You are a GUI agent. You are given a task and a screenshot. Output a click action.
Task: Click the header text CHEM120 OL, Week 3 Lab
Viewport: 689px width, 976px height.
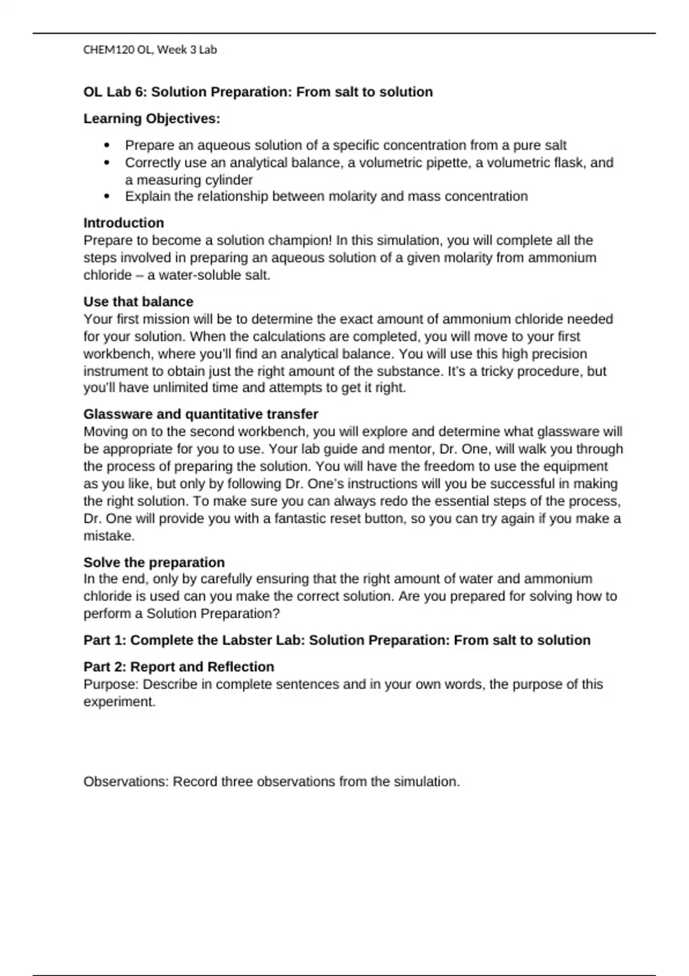150,50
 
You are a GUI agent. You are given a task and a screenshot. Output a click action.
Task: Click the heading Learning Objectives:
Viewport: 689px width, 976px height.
152,119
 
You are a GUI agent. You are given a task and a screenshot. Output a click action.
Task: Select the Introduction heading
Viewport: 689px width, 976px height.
123,223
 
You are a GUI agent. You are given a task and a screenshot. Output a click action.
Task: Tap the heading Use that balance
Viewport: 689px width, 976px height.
138,301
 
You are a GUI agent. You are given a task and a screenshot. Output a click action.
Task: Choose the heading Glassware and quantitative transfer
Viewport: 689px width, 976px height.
200,414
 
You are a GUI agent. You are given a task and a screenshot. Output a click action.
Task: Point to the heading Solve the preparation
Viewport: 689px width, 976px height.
154,562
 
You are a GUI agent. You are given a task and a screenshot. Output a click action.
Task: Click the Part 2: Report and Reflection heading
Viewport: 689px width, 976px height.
179,667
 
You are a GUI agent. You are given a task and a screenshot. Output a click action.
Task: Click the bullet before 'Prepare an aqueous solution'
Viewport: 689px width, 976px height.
107,146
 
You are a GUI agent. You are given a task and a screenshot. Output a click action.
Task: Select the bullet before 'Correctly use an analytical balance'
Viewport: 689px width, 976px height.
107,163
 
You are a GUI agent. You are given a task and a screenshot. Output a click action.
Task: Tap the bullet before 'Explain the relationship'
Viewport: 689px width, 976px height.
107,197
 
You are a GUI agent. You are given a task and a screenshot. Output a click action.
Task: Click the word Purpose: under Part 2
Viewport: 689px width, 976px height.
111,684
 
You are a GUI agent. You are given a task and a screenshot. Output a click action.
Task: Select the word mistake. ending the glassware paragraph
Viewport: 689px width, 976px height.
109,536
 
